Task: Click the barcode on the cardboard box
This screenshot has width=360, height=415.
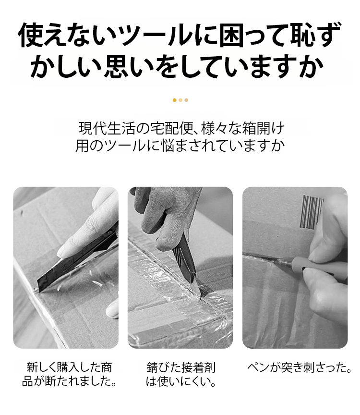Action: (x=312, y=212)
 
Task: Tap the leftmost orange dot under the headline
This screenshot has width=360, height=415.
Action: (x=174, y=100)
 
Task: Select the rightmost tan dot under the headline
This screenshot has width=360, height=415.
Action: (x=186, y=100)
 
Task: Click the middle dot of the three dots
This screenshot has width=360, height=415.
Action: (x=180, y=100)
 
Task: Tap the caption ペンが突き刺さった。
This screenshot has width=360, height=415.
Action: (x=299, y=367)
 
